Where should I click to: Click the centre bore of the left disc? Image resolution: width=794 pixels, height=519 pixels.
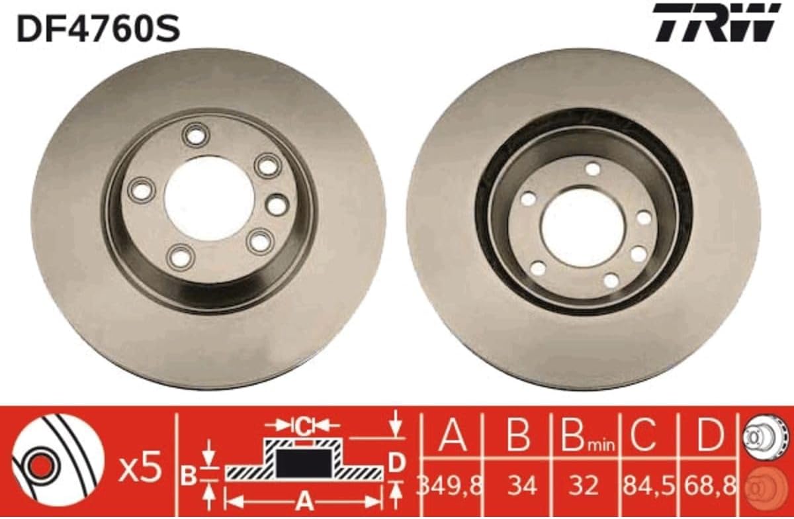(210, 199)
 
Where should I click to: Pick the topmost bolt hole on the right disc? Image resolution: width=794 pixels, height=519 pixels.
(593, 169)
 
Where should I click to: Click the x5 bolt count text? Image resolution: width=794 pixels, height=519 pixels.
(141, 467)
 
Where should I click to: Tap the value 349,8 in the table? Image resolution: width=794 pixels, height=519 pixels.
(450, 486)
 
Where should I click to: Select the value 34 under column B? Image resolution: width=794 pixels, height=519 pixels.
(522, 486)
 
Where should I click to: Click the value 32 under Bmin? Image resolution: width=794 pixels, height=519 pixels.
(584, 486)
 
